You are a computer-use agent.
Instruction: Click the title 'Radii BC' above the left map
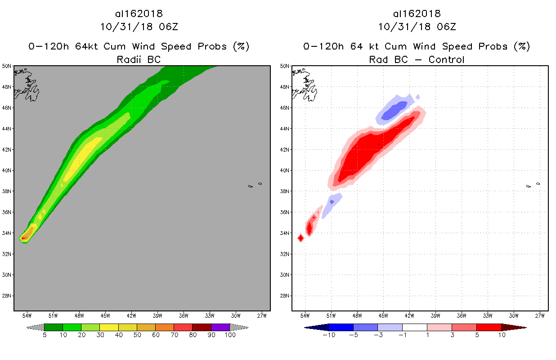[x=139, y=59]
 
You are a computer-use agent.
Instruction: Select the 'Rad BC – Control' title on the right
[x=417, y=59]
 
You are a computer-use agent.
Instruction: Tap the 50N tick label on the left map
[x=7, y=66]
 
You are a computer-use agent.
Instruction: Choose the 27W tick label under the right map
[x=540, y=315]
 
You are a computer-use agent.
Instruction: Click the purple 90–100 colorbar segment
[x=220, y=327]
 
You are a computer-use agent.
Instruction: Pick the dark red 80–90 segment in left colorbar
[x=202, y=327]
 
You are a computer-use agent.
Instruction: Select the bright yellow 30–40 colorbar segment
[x=109, y=327]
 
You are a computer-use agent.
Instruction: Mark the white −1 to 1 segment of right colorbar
[x=414, y=327]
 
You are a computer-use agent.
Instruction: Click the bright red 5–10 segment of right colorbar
[x=489, y=327]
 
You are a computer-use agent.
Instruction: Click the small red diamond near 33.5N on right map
[x=301, y=238]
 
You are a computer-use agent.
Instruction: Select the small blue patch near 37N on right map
[x=332, y=202]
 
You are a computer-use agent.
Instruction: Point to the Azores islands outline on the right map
[x=533, y=185]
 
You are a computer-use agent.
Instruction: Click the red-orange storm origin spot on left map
[x=24, y=238]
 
